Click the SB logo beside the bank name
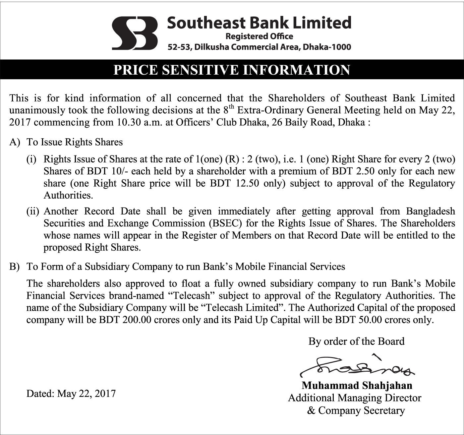(135, 33)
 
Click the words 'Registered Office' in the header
(259, 36)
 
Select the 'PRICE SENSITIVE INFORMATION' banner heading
(232, 70)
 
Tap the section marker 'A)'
(15, 142)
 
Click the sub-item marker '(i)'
(31, 159)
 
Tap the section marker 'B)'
(15, 267)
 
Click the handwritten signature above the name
(357, 367)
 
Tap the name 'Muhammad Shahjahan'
(357, 385)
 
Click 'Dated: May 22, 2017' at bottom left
(71, 394)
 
